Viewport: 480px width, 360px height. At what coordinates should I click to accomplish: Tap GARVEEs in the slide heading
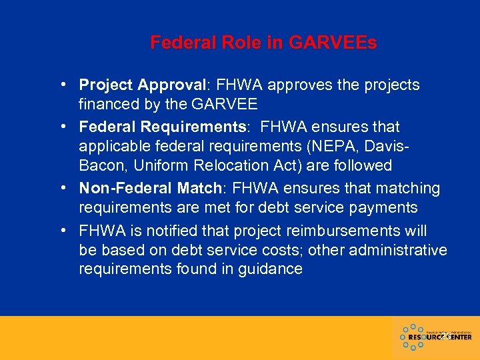coord(332,43)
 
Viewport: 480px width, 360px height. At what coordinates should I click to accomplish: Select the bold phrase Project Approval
coord(142,85)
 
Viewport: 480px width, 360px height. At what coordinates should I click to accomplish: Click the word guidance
coord(267,269)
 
